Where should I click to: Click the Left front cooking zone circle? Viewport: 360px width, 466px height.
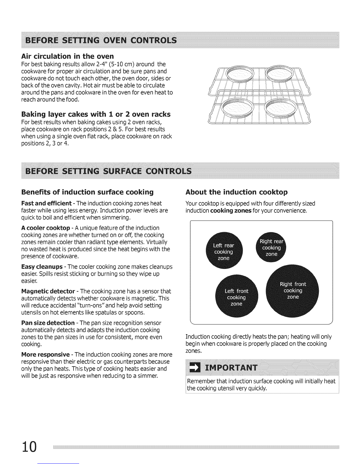point(236,297)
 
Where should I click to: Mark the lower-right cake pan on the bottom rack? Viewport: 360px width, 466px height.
point(280,107)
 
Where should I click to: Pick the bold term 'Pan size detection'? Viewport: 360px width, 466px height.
point(48,323)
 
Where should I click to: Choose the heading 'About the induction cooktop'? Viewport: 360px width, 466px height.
point(236,192)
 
